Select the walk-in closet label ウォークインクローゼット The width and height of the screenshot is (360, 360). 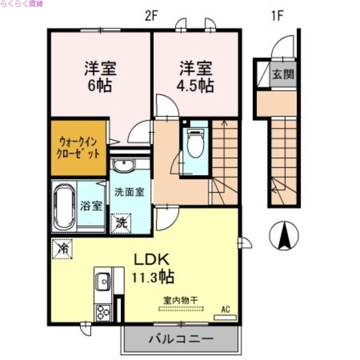[78, 147]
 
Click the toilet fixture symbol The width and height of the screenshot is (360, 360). [195, 143]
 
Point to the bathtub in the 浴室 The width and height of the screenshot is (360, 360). [64, 207]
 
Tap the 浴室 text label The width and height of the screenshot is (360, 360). [91, 206]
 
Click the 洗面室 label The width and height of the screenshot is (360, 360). [129, 191]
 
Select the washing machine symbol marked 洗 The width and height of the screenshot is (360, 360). [121, 221]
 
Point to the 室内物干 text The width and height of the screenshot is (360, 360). [181, 299]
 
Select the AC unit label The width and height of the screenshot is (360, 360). [225, 310]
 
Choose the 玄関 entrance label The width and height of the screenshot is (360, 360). [283, 73]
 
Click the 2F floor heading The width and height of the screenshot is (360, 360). [152, 16]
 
